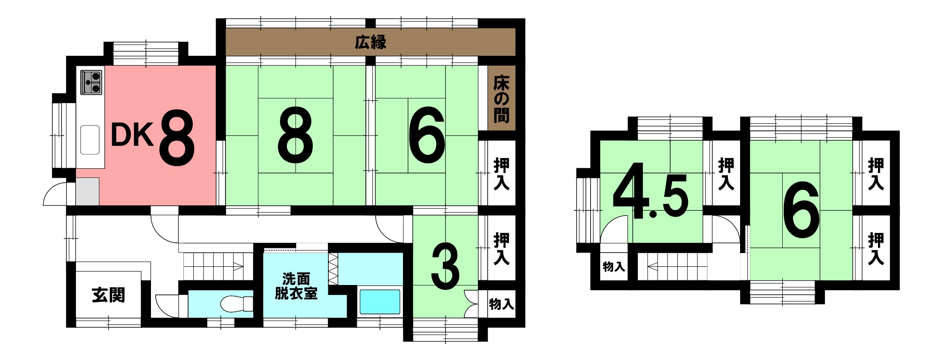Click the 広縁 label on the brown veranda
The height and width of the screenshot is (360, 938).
pos(371,42)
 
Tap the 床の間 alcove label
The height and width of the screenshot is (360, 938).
pos(501,99)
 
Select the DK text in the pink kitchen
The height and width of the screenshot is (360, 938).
pos(132,135)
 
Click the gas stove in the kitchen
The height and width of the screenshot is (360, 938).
pos(91,82)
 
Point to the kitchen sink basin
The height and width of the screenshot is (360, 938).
pos(90,140)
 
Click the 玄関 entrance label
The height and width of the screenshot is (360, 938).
pos(108,295)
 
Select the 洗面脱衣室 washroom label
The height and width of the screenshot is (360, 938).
pos(296,286)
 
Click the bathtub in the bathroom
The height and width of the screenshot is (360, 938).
pos(379,302)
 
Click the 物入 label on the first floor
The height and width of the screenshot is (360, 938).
pos(501,304)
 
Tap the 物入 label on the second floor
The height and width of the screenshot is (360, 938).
pos(613,267)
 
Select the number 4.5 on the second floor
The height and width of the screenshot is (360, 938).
pos(651,191)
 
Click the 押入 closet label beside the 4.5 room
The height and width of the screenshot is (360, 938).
pos(726,173)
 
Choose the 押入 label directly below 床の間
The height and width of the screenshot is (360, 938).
pos(501,173)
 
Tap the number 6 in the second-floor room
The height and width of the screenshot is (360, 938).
pos(801,210)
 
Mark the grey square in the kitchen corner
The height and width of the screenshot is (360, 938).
pos(88,191)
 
